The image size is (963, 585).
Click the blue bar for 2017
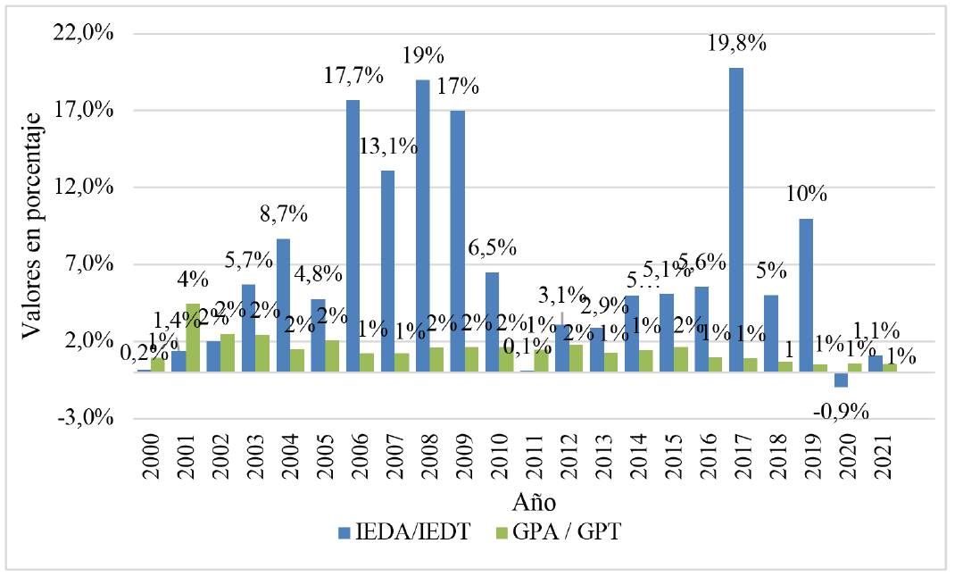pyautogui.click(x=736, y=219)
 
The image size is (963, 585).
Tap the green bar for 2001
pyautogui.click(x=193, y=338)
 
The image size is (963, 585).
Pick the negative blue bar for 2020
pyautogui.click(x=841, y=380)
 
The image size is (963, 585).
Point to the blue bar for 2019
pyautogui.click(x=806, y=295)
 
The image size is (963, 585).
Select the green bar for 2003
pyautogui.click(x=262, y=353)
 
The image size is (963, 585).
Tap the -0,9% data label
pyautogui.click(x=841, y=411)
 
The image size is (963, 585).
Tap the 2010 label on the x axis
pyautogui.click(x=499, y=455)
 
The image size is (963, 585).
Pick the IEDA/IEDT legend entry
pyautogui.click(x=409, y=533)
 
